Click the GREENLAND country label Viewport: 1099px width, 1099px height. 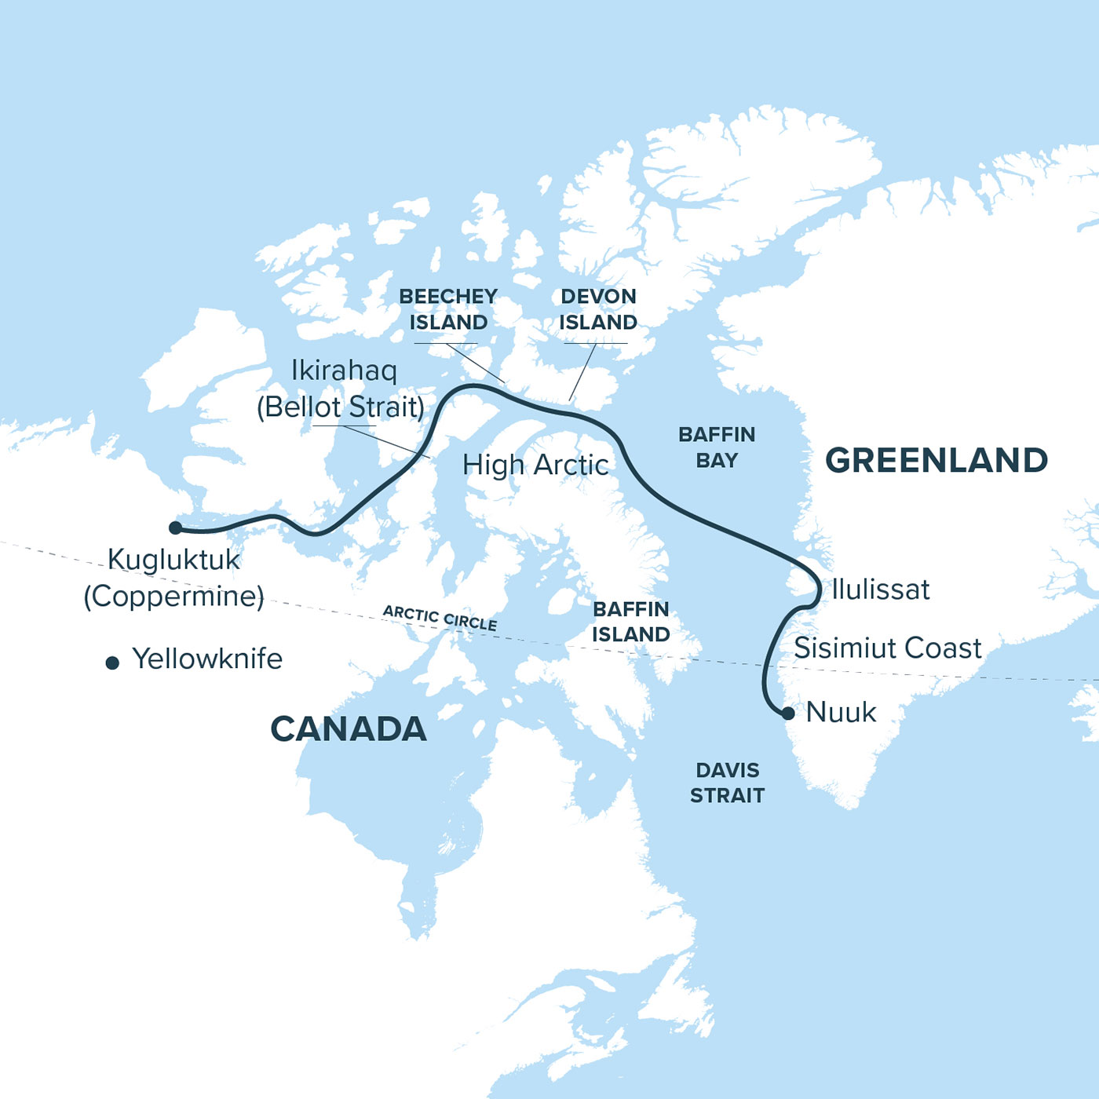tap(937, 461)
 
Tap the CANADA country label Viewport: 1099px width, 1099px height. tap(349, 729)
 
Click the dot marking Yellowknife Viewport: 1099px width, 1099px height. tap(112, 663)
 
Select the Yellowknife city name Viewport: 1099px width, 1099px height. tap(207, 659)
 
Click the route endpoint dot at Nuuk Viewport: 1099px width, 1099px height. tap(788, 713)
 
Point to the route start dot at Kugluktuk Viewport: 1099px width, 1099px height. tap(176, 528)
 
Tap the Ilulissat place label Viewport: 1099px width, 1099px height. tap(880, 590)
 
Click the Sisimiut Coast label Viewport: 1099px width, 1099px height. tap(887, 648)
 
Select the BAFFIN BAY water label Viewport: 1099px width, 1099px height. tap(717, 447)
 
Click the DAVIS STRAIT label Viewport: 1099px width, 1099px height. tap(727, 783)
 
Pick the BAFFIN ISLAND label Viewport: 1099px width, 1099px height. tap(631, 622)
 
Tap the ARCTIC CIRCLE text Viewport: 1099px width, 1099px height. tap(440, 619)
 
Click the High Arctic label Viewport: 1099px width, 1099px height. tap(535, 466)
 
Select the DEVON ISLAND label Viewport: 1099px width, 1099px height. tap(598, 309)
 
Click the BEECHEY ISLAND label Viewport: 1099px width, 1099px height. tap(448, 309)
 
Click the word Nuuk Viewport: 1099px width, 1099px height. tap(841, 713)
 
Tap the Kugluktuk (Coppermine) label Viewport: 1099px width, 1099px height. tap(174, 578)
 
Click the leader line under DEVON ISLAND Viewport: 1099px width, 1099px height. tap(582, 372)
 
